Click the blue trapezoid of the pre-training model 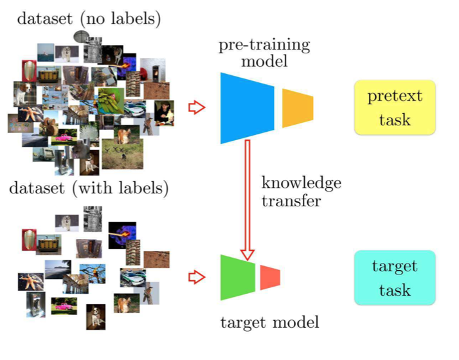point(246,107)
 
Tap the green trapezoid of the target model point(237,277)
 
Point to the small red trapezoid point(269,277)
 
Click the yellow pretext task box point(394,107)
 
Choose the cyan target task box point(394,278)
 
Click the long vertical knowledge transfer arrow point(247,199)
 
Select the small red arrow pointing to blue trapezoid point(195,107)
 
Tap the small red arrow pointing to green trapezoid point(195,277)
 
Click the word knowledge point(301,183)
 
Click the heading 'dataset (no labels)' point(89,19)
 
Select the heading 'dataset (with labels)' point(89,190)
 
